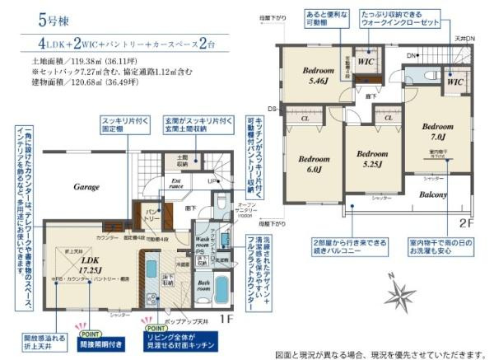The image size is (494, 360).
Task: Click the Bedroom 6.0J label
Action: [x=314, y=163]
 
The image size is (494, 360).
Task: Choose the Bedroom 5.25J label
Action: [x=371, y=158]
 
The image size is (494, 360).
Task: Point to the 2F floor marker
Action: [x=466, y=223]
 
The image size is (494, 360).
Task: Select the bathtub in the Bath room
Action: [x=221, y=290]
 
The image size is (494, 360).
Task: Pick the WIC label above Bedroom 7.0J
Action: [x=454, y=82]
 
